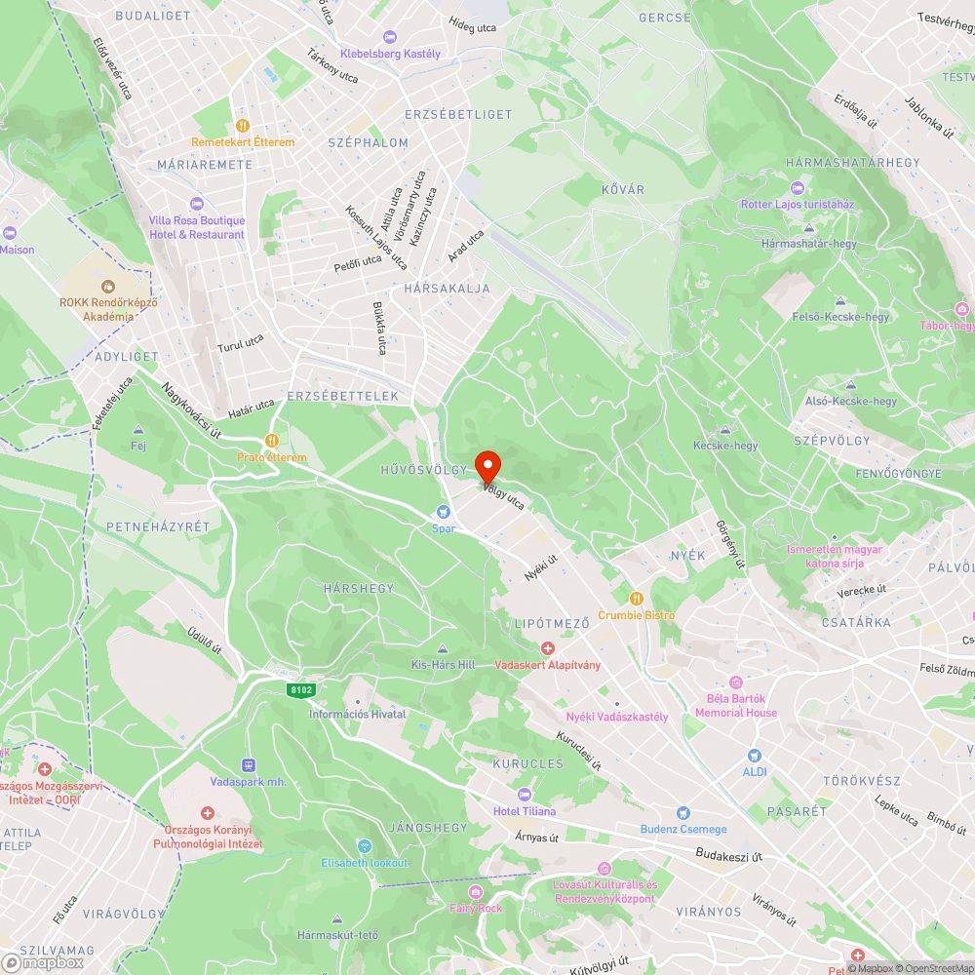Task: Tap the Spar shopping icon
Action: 445,511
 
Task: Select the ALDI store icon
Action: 754,756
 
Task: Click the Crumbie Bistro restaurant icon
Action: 636,599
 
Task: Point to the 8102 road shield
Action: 300,689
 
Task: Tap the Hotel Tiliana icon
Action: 525,795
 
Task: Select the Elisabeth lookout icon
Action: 365,846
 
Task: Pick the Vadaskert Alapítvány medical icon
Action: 548,648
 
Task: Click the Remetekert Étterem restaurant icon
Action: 243,126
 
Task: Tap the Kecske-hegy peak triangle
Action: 724,430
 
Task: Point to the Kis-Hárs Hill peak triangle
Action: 443,649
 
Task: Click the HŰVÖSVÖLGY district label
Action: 424,470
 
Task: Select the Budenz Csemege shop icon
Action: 682,813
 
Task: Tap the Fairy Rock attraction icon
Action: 475,892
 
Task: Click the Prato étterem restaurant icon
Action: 272,441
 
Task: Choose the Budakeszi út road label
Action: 729,854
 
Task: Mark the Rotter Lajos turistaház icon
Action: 798,188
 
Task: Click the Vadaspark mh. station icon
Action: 248,765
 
